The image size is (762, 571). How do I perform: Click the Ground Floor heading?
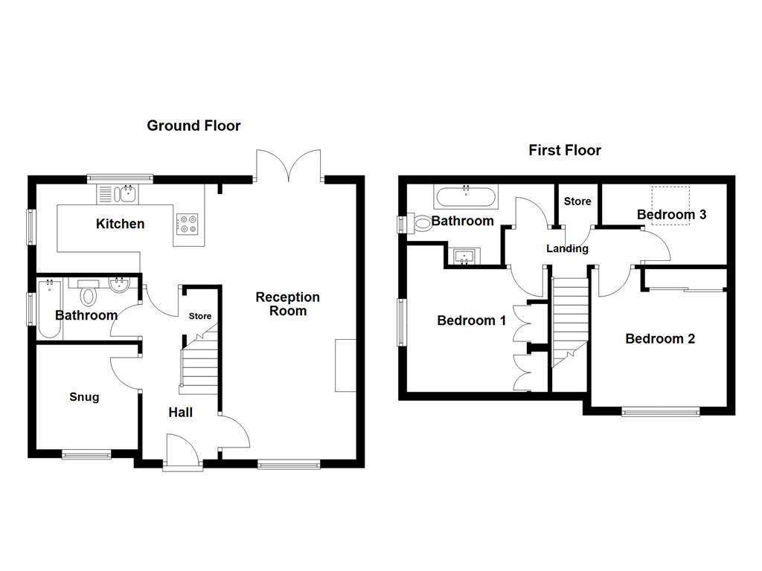pos(193,126)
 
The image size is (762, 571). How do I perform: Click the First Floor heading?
pos(565,150)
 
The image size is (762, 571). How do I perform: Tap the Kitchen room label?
pos(120,224)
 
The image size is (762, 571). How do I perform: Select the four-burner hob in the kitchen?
pos(188,223)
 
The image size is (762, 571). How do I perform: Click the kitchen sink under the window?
pos(118,194)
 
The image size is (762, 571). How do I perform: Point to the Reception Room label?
pos(287,303)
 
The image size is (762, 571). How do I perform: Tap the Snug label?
pos(84,397)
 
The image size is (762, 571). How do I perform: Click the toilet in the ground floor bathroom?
pos(89,294)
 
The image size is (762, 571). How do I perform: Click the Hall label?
pos(180,412)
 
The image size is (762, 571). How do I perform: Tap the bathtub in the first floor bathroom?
pos(466,198)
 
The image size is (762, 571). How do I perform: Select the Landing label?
pos(567,248)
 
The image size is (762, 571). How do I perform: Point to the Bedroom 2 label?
pos(660,339)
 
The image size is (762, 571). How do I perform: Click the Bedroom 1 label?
pos(471,320)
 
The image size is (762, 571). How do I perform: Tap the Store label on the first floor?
pos(577,201)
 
